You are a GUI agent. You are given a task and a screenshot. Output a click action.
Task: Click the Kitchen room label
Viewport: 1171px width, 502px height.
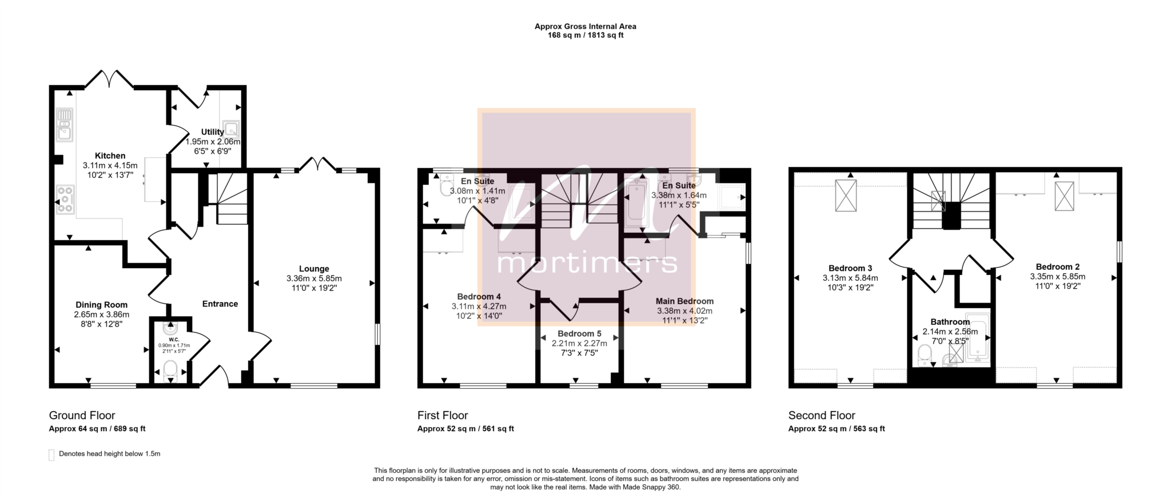[x=110, y=156]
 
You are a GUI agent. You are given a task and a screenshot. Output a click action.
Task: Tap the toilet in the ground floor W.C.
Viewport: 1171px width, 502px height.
[x=170, y=370]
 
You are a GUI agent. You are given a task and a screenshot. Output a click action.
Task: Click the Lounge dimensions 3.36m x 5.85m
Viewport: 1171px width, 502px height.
[x=314, y=278]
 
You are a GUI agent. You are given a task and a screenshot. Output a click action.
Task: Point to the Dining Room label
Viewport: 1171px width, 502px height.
[x=101, y=305]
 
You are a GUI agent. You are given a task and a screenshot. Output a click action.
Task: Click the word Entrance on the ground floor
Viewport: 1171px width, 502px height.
[x=220, y=304]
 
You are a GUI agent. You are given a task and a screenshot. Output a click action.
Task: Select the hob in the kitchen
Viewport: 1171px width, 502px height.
[x=65, y=200]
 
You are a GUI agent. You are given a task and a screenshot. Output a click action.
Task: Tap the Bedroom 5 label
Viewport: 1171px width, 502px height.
[x=579, y=333]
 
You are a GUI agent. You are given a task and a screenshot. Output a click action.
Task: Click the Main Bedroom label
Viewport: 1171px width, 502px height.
[x=684, y=301]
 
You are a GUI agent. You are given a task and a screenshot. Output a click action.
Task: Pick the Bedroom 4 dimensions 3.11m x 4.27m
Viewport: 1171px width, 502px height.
[x=479, y=306]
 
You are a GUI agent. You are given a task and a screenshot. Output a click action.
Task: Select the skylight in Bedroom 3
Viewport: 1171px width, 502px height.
[x=846, y=195]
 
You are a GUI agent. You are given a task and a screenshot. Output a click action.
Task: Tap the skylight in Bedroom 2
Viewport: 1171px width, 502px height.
[x=1064, y=196]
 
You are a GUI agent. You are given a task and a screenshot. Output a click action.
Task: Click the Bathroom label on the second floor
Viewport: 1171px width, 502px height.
[x=950, y=322]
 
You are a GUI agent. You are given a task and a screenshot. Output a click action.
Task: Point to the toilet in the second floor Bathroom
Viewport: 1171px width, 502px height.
[x=924, y=356]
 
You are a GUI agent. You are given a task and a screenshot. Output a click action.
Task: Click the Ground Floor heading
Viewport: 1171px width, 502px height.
[x=82, y=415]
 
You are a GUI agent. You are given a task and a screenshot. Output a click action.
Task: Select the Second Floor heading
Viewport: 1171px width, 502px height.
[x=822, y=415]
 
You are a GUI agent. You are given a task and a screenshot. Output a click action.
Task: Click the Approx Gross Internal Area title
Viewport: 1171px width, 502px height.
[x=585, y=26]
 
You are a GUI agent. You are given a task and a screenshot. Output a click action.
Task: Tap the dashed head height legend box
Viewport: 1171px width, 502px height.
[x=51, y=455]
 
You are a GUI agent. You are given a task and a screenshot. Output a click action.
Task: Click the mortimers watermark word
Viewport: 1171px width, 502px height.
[x=587, y=264]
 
